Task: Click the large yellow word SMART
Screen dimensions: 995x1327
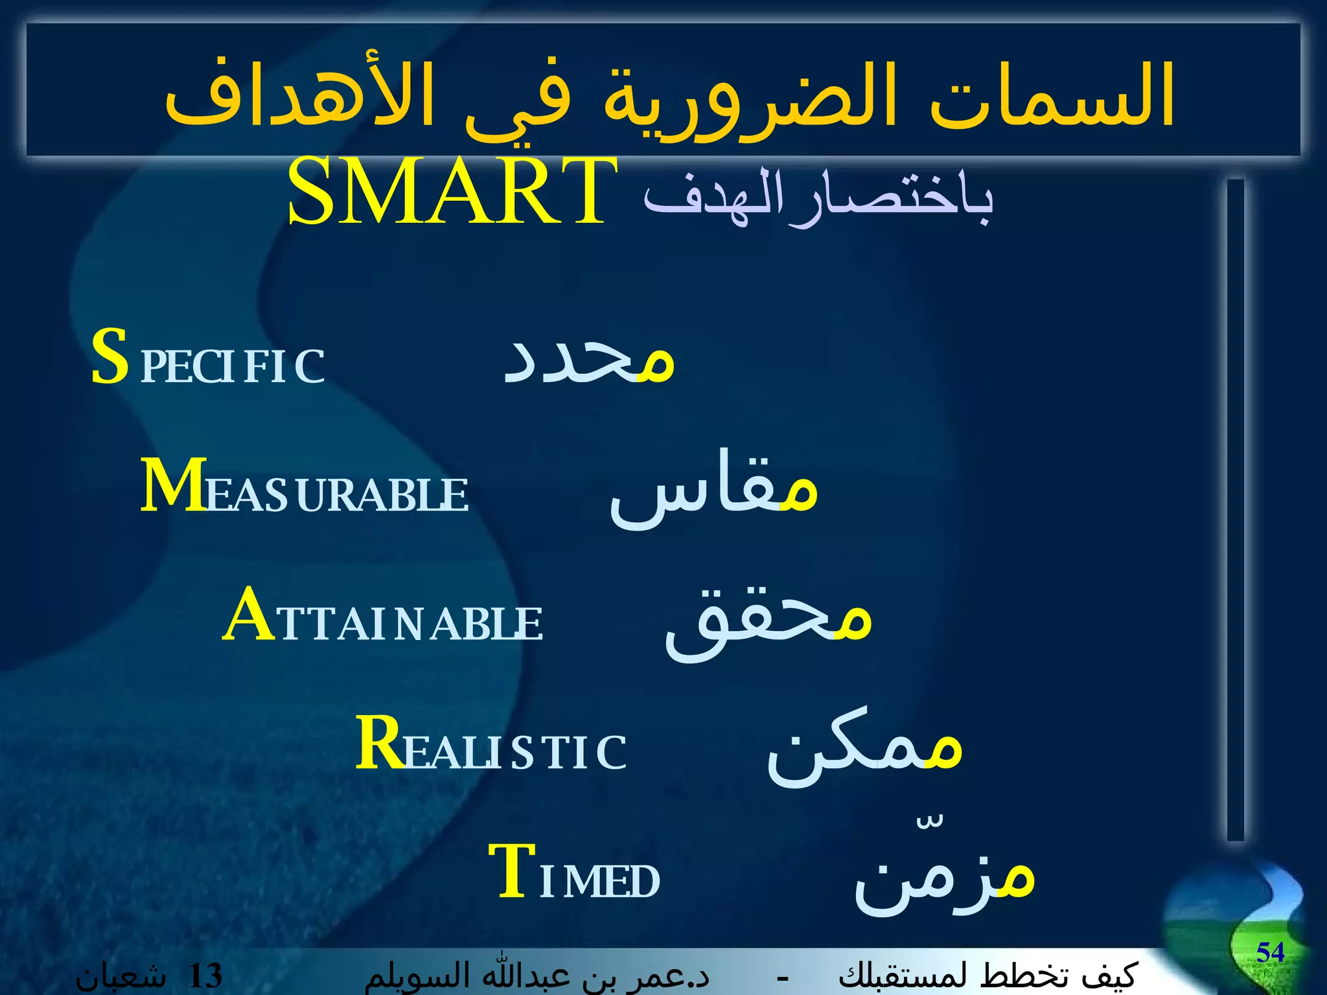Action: (452, 192)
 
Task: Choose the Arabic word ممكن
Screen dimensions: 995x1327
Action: (864, 751)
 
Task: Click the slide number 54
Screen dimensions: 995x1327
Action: (1270, 953)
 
